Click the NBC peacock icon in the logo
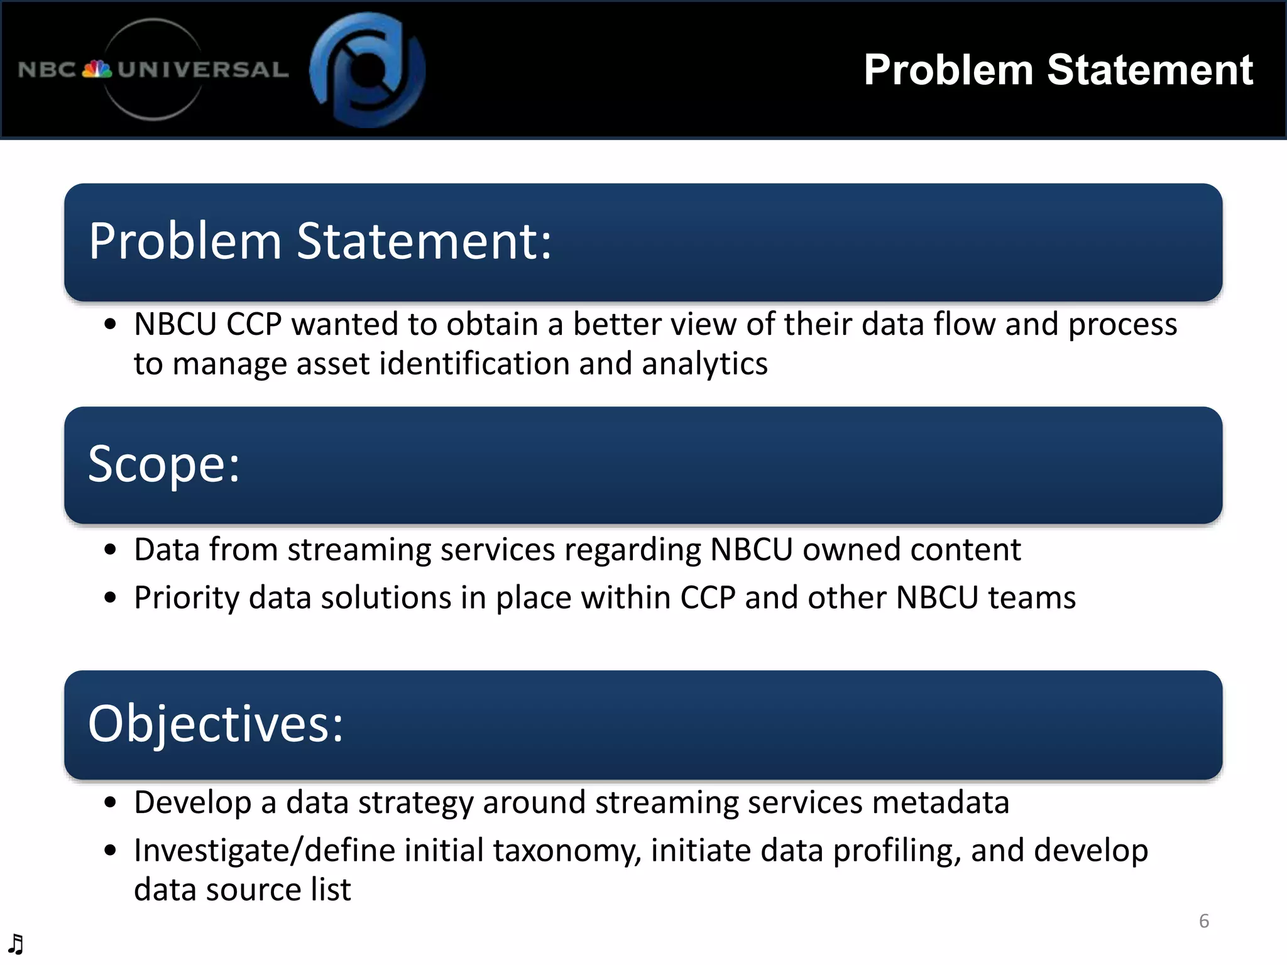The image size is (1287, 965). (x=97, y=69)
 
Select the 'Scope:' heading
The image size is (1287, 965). (x=164, y=464)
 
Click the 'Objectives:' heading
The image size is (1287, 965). (x=216, y=724)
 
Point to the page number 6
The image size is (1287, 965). (x=1204, y=921)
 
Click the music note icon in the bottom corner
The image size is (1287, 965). (x=16, y=944)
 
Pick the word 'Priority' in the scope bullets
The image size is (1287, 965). (x=187, y=597)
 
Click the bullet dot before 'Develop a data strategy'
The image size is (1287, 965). (x=111, y=802)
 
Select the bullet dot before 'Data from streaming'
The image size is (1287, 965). (x=111, y=550)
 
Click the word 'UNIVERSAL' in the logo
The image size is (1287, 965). (x=203, y=69)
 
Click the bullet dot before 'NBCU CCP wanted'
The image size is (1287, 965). (x=111, y=325)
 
